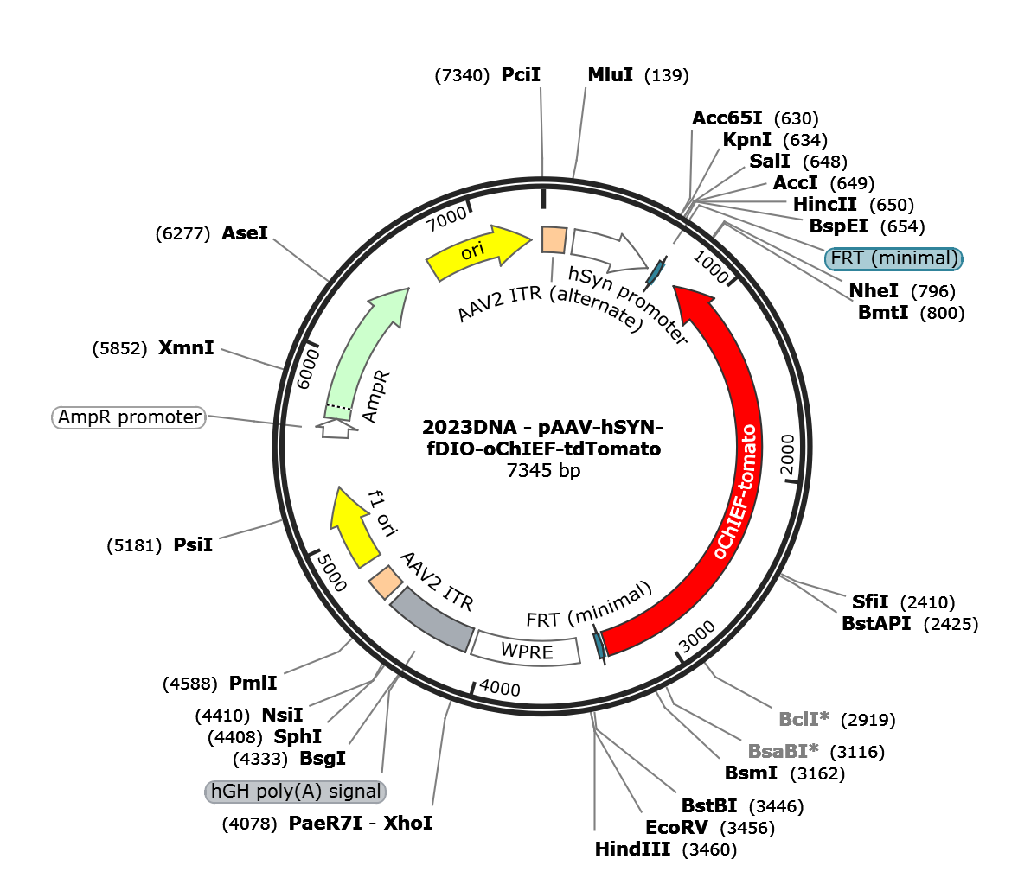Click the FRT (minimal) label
pos(894,258)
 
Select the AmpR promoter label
pos(130,417)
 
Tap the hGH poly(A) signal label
pos(295,792)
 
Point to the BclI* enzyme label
pos(804,719)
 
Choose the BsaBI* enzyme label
pos(783,751)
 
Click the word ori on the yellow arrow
pos(472,251)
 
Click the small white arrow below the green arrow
pos(336,429)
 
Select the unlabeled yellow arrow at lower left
pos(354,528)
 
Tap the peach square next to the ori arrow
pos(554,239)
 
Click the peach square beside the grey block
pos(385,582)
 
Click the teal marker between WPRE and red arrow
pos(598,645)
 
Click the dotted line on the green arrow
pos(340,406)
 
